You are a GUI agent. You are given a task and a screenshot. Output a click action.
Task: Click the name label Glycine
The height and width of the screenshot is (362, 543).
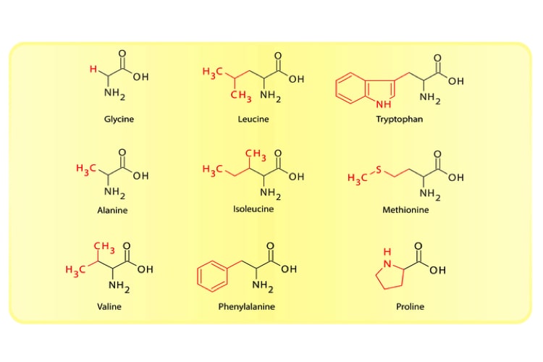(x=119, y=119)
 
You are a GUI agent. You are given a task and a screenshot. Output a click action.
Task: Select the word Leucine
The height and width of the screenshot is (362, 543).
(x=253, y=119)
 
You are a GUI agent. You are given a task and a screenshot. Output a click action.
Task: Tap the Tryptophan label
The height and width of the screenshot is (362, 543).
(x=399, y=119)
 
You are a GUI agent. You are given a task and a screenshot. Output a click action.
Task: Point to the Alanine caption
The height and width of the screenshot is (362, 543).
(x=112, y=210)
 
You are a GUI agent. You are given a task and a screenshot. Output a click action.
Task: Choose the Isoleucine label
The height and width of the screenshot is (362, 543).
(x=253, y=209)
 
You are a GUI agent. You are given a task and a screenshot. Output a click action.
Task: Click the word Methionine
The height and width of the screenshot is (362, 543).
(x=405, y=210)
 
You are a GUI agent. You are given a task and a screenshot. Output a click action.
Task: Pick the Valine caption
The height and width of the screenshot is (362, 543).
(x=109, y=306)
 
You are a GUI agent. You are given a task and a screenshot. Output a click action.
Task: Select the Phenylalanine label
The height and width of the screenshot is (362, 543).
(x=247, y=306)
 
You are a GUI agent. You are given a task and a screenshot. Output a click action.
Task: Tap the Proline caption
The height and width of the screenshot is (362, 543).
(x=410, y=306)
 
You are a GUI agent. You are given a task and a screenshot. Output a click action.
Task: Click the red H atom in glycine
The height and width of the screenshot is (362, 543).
(x=93, y=69)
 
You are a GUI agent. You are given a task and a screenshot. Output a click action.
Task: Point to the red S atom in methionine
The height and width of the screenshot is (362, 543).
(x=379, y=169)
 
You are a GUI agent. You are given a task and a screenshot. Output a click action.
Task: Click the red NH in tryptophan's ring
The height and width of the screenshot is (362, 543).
(x=383, y=104)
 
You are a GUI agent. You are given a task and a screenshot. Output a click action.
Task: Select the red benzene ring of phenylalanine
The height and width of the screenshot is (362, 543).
(x=212, y=276)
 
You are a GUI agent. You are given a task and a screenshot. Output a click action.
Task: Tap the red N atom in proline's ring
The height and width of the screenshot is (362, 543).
(x=387, y=264)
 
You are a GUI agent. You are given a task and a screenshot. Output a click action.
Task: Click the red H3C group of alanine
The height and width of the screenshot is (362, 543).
(x=86, y=169)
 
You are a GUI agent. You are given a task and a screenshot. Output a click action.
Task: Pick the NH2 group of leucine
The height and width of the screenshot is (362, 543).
(x=270, y=96)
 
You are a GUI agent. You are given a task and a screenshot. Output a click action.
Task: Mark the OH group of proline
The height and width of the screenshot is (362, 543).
(x=437, y=270)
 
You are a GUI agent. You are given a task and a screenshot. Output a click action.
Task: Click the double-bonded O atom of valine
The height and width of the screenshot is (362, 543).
(x=127, y=246)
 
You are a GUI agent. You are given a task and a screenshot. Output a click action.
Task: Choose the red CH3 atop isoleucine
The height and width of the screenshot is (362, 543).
(x=256, y=154)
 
